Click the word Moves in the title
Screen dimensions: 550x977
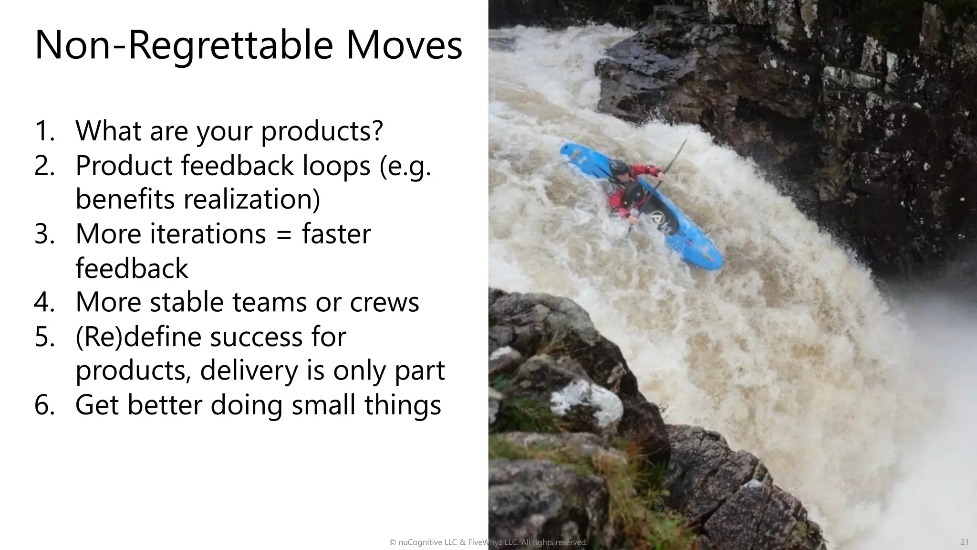click(x=404, y=46)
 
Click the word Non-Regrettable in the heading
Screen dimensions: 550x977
click(x=184, y=46)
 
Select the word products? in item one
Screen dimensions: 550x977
click(x=322, y=131)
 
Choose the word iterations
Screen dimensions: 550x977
click(x=208, y=234)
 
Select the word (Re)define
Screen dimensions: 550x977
click(x=138, y=337)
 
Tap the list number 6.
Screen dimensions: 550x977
click(x=43, y=405)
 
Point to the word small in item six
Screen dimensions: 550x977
click(x=323, y=405)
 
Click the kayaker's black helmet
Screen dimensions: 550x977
click(x=619, y=168)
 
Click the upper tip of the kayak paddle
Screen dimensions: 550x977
click(x=685, y=141)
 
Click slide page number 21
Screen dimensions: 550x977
click(x=964, y=542)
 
